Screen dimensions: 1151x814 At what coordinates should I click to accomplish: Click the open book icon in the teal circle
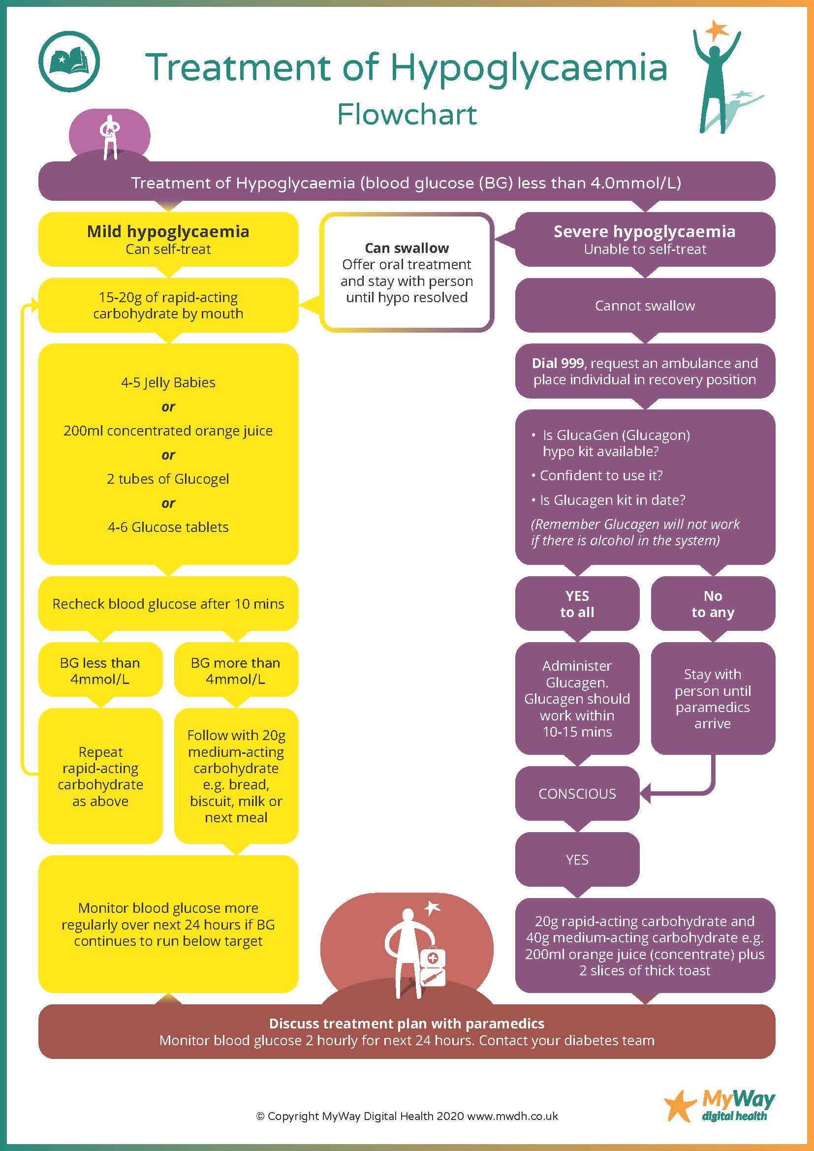pos(69,61)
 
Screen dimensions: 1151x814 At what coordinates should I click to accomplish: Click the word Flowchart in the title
pos(407,115)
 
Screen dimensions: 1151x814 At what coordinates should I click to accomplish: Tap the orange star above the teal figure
pos(717,30)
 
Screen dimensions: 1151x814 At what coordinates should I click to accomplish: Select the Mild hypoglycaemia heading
pos(168,232)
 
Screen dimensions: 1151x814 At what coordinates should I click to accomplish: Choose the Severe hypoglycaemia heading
pos(645,232)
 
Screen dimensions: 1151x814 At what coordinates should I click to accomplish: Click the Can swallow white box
pos(407,272)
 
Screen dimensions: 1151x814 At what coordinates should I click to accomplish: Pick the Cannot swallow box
pos(645,305)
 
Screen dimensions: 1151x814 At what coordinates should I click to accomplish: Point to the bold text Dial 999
pos(558,363)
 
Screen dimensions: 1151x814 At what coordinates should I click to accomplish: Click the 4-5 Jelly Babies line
pos(168,382)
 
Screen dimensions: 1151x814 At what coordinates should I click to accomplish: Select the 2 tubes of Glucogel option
pos(168,479)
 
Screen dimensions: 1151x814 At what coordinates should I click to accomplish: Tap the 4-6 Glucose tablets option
pos(168,527)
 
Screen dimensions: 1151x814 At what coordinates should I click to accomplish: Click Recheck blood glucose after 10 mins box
pos(168,604)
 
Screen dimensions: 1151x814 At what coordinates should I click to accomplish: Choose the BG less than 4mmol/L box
pos(100,670)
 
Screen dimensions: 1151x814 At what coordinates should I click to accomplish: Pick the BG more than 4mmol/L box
pos(236,670)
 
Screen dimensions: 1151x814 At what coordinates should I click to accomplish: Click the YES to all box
pos(577,604)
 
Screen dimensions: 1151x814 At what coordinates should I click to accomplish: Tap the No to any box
pos(712,604)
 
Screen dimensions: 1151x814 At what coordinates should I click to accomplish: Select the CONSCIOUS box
pos(577,794)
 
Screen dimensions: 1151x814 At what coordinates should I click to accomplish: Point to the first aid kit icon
pos(433,966)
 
